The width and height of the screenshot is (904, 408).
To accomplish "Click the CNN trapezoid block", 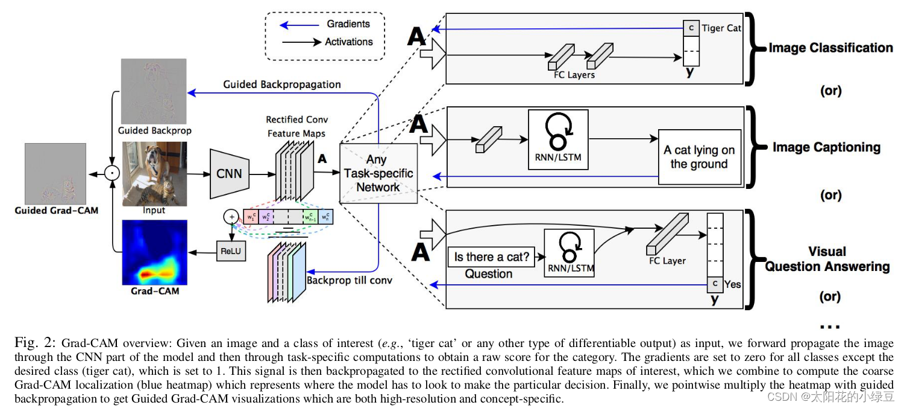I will click(229, 174).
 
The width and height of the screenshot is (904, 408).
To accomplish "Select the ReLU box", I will click(231, 250).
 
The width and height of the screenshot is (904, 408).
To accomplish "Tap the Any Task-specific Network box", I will click(378, 173).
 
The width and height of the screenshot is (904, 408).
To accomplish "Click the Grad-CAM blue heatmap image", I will click(154, 252).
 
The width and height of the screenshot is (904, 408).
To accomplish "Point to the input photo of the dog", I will click(154, 174).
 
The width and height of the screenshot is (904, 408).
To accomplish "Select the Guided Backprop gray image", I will click(154, 91).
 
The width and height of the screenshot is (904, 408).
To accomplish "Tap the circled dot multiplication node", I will click(111, 174).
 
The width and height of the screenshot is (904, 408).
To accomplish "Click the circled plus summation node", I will click(231, 216).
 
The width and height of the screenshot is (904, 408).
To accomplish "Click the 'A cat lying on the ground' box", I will click(699, 157).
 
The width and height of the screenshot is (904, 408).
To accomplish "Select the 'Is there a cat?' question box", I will click(492, 257).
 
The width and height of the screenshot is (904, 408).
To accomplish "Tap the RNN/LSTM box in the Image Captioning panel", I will click(557, 139).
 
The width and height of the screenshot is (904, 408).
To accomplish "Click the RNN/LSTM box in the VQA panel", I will click(569, 253).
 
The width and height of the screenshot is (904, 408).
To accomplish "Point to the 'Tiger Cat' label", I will click(721, 28).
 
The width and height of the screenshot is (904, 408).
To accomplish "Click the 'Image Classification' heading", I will click(830, 48).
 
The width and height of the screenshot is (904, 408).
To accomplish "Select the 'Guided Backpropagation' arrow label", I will click(281, 84).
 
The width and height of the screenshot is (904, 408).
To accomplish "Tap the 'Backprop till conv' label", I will click(350, 280).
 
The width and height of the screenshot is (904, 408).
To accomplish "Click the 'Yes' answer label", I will click(732, 284).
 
